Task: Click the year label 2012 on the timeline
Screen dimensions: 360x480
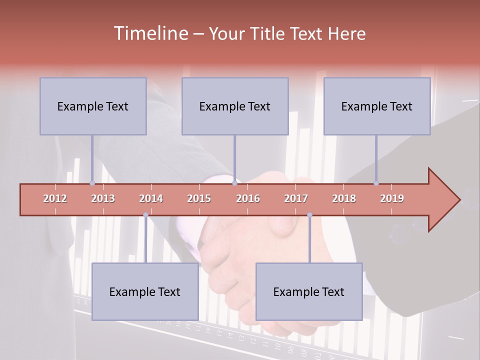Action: tap(55, 198)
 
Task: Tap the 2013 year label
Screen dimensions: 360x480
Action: tap(103, 198)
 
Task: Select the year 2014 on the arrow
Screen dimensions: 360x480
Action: tap(151, 198)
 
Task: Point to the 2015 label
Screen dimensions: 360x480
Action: tap(199, 198)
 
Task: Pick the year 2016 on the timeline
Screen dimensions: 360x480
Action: tap(248, 198)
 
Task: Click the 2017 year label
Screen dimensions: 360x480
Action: tap(296, 198)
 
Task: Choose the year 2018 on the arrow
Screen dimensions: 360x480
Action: tap(344, 198)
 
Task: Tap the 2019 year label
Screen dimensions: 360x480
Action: tap(392, 198)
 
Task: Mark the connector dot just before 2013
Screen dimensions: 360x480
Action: tap(92, 183)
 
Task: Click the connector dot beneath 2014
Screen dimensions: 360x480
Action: tap(145, 215)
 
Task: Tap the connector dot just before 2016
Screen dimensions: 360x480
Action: tap(234, 183)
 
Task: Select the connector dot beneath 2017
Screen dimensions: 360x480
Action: tap(309, 215)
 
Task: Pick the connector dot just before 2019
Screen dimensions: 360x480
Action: tap(376, 183)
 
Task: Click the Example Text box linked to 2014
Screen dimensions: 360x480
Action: tap(145, 291)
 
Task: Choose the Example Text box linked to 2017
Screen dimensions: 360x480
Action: tap(309, 291)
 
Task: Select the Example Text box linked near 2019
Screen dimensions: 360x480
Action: tap(377, 106)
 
